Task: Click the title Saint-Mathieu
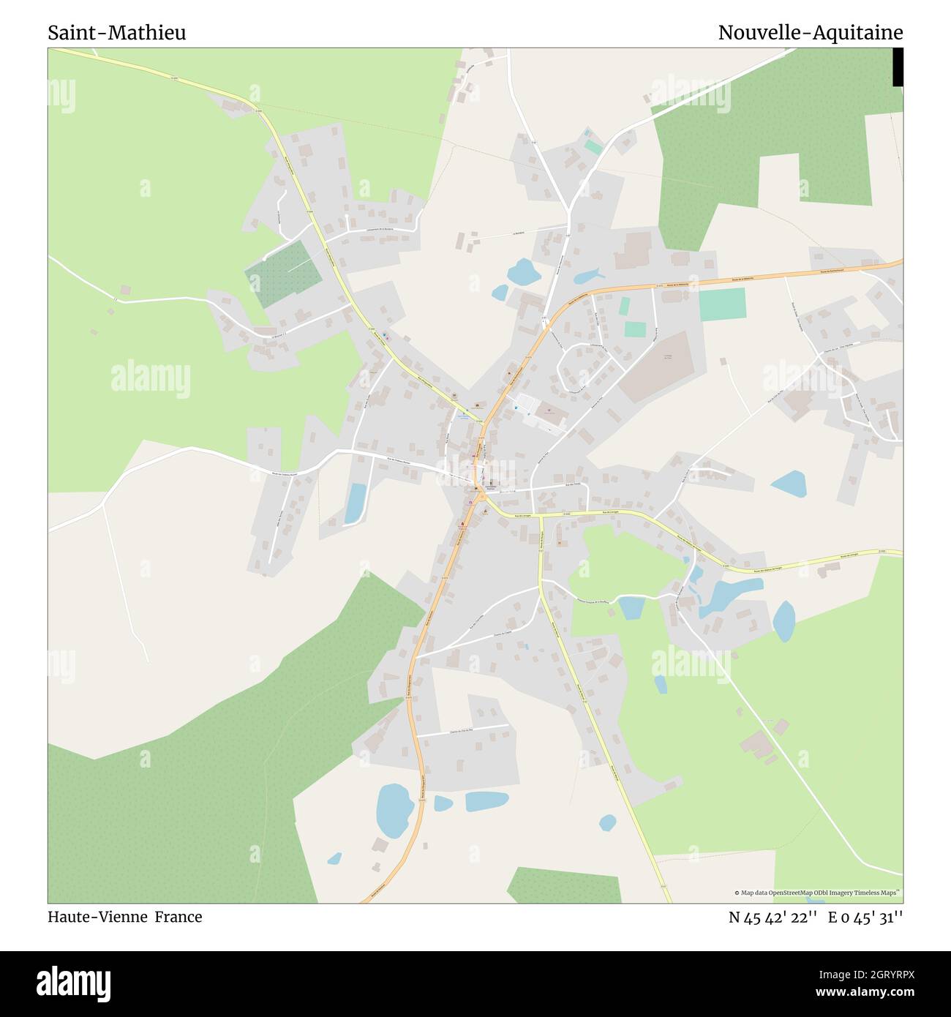[117, 33]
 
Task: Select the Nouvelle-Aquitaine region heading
[810, 33]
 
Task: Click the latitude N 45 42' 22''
[772, 917]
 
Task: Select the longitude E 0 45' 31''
[865, 917]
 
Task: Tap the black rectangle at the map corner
[898, 67]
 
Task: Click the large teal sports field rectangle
[721, 304]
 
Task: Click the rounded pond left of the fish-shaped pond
[523, 273]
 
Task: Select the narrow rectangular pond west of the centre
[356, 503]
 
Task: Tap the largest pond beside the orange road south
[394, 810]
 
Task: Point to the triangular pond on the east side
[789, 483]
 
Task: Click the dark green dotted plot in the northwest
[282, 274]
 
